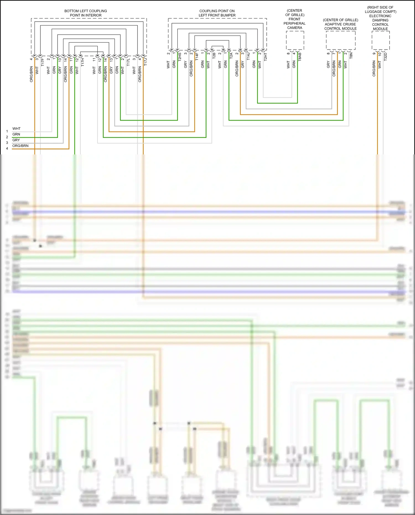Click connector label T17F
[x=43, y=62]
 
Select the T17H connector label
[x=82, y=62]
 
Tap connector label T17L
[x=128, y=62]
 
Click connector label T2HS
[x=180, y=56]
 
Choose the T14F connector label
[x=197, y=56]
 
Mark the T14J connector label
[x=248, y=56]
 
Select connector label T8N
[x=351, y=55]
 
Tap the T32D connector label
[x=385, y=56]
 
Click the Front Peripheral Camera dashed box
[x=295, y=40]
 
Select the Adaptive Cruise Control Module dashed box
[x=341, y=40]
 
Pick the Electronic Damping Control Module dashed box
[x=381, y=40]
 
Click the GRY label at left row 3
[x=16, y=140]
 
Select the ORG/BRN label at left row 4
[x=20, y=146]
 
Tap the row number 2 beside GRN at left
[x=7, y=137]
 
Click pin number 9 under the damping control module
[x=374, y=54]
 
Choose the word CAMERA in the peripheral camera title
[x=295, y=28]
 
